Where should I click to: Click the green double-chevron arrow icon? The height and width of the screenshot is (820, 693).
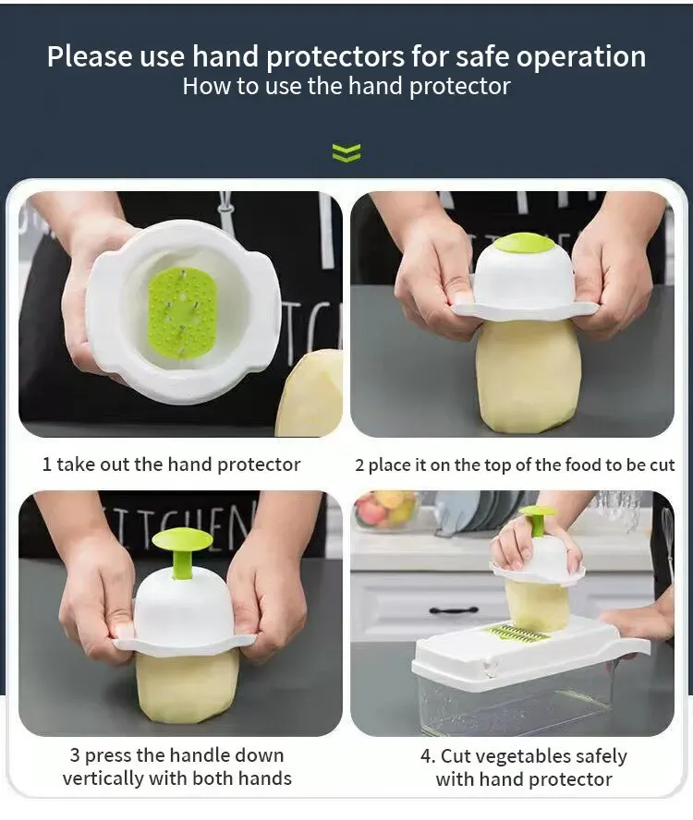coord(346,152)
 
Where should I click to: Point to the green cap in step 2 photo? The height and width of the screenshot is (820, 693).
coord(524,243)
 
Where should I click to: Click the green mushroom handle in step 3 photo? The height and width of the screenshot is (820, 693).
coord(182,550)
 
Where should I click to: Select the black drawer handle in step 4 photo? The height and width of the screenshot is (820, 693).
coord(454,609)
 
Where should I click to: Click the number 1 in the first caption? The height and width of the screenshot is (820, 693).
coord(46,464)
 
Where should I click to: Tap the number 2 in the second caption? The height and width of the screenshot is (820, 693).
coord(359,464)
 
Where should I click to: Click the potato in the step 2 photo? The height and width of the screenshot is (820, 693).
coord(528,376)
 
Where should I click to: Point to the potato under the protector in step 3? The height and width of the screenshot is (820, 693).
coord(188,684)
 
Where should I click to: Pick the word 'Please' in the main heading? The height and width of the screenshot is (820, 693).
coord(89,56)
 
